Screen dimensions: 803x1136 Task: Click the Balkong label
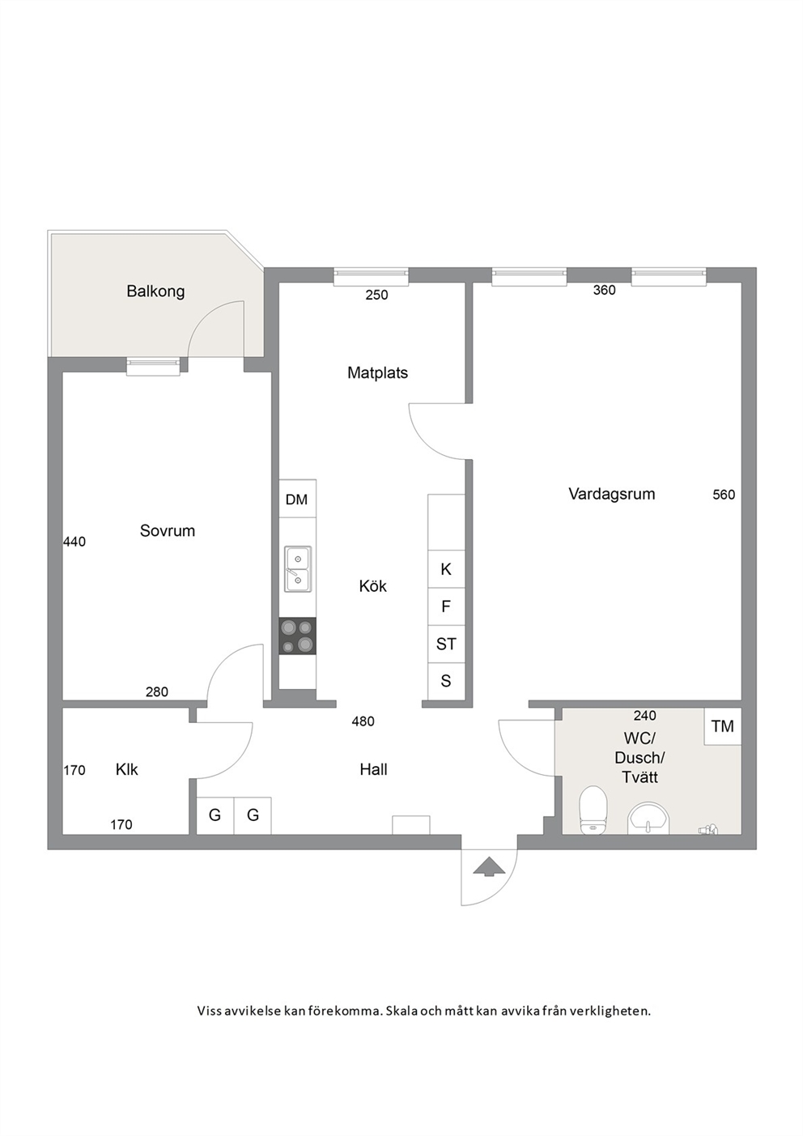coord(155,291)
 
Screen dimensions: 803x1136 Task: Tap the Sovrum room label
coord(168,531)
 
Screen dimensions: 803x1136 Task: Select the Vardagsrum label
coord(611,494)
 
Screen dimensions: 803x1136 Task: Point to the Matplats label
coord(377,372)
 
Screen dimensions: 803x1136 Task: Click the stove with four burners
coord(298,636)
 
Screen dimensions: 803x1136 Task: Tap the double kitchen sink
coord(298,569)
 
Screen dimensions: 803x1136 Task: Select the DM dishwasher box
coord(297,499)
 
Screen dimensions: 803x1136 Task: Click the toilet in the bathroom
coord(593,810)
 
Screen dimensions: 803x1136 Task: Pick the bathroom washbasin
coord(648,819)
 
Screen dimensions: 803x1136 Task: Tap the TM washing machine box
coord(722,726)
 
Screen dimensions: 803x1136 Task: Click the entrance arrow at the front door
coord(489,866)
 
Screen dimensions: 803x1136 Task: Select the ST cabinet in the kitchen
coord(446,644)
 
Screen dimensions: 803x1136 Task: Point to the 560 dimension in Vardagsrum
coord(724,495)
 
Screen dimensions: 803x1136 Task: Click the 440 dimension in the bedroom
coord(74,542)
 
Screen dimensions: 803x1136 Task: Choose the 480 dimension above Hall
coord(363,721)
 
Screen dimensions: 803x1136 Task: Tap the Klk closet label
coord(127,769)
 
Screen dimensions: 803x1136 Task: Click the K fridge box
coord(446,569)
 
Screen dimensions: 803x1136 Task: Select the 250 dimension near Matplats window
coord(376,295)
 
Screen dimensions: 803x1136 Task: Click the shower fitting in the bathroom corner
coord(707,830)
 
